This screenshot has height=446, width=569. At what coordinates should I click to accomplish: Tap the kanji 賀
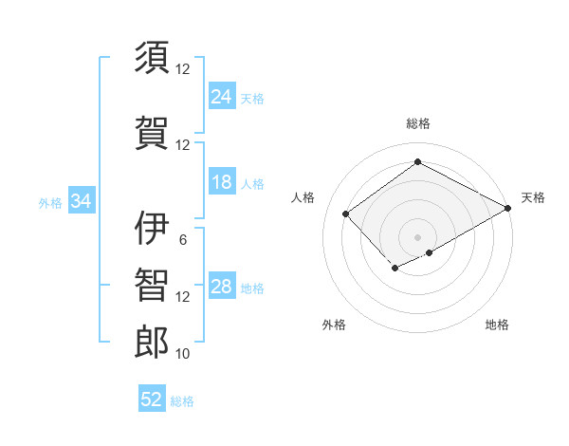click(153, 132)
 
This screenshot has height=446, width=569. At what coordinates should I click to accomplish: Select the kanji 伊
click(153, 227)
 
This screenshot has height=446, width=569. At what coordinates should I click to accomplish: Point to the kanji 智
click(153, 285)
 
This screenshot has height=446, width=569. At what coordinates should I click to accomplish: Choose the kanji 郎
click(153, 342)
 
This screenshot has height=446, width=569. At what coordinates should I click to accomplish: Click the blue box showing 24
click(222, 97)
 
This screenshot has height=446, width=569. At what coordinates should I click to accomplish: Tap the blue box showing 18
click(222, 182)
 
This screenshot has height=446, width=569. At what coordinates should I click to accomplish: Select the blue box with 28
click(222, 287)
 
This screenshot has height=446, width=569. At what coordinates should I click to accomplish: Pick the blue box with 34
click(81, 201)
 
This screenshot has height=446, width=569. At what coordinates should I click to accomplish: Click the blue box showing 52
click(152, 400)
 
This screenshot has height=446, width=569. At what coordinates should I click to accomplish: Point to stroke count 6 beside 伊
click(183, 239)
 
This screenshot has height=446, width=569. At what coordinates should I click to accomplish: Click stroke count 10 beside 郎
click(183, 354)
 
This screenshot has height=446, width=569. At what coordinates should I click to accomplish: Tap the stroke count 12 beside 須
click(183, 69)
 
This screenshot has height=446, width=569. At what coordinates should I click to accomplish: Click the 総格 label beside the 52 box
click(182, 401)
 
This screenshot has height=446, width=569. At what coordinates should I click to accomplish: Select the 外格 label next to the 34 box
click(50, 202)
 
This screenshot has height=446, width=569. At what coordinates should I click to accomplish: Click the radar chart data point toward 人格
click(346, 214)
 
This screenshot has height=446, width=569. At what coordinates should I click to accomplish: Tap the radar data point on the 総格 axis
click(417, 162)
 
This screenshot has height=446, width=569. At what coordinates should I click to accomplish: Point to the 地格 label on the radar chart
click(497, 325)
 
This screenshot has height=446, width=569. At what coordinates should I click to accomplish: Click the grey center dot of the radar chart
click(417, 236)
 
